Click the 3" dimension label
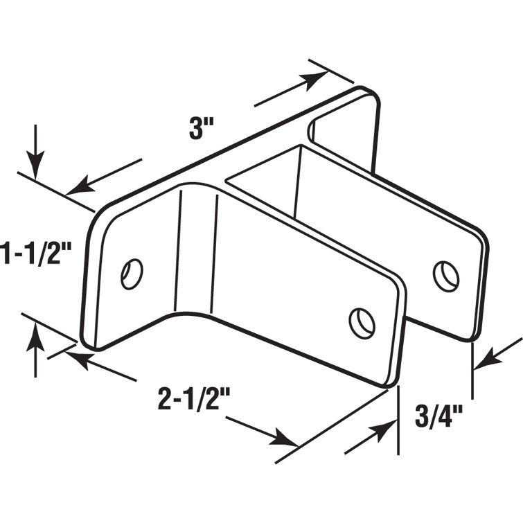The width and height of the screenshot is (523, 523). [x=202, y=130]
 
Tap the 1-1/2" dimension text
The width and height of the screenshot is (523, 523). [x=36, y=253]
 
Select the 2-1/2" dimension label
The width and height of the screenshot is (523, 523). [x=193, y=400]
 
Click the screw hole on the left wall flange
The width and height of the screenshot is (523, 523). [x=132, y=272]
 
